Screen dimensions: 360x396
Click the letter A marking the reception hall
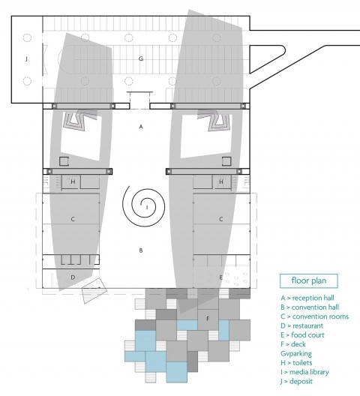(141, 127)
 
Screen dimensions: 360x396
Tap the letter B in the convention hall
(141, 250)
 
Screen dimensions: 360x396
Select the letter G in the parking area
(141, 58)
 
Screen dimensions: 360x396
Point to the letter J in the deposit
(26, 59)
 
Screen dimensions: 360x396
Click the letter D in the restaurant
(73, 277)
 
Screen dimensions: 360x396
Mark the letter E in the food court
(220, 277)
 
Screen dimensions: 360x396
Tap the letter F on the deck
(208, 319)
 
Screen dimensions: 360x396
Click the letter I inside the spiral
(147, 208)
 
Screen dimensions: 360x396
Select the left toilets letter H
(73, 181)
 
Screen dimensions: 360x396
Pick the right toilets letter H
(221, 181)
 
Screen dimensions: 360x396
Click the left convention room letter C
(73, 219)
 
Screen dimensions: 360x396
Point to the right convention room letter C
(220, 219)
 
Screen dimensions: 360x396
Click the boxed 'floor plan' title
(309, 280)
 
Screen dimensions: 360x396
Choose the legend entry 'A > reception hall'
(307, 298)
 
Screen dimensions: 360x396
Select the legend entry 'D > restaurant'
(301, 325)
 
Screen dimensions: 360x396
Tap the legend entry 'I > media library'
(304, 372)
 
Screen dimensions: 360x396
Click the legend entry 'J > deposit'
(296, 381)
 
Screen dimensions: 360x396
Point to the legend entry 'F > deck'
(293, 344)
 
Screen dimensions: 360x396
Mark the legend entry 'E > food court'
(302, 335)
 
